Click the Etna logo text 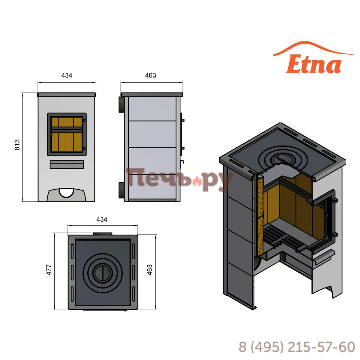tap(313, 64)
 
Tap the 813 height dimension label tap(17, 145)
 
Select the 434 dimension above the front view tap(67, 75)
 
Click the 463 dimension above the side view tap(151, 75)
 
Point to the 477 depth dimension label tap(49, 270)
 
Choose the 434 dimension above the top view tap(102, 219)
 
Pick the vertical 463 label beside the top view tap(150, 270)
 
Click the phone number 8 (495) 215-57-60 tap(297, 347)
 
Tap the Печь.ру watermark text tap(180, 179)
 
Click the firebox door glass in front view tap(67, 134)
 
